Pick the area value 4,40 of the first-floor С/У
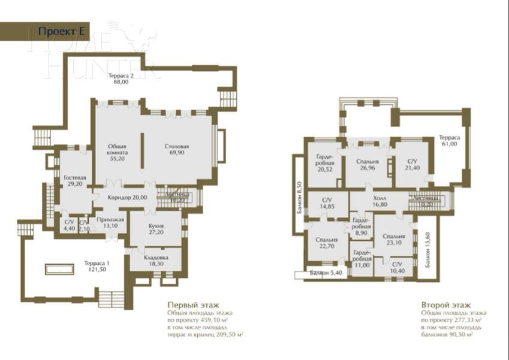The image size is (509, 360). click(x=70, y=228)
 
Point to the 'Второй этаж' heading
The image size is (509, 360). click(x=445, y=304)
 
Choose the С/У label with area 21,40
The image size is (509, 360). click(x=411, y=165)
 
